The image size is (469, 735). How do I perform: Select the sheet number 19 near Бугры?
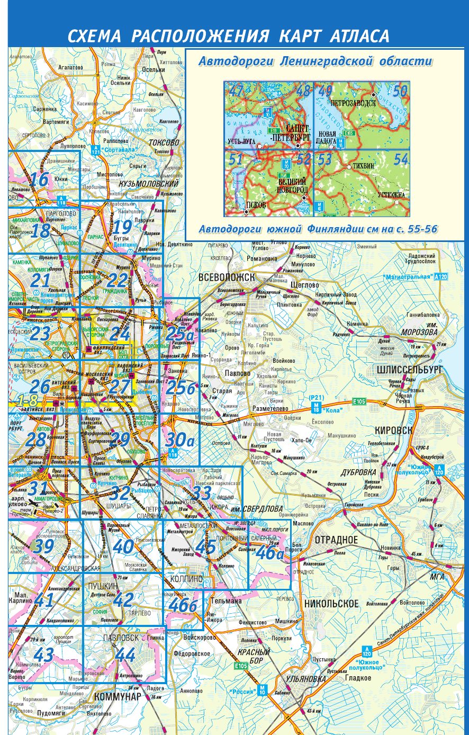coord(122,228)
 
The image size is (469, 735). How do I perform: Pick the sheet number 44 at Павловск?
coord(125,655)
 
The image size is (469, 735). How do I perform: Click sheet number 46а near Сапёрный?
coord(270,553)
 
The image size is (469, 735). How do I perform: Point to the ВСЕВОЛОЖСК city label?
coord(227,277)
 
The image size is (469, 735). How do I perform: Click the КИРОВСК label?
coord(393,431)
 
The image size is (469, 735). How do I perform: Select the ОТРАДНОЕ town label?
coord(336,540)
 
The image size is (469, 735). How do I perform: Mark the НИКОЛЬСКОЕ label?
coord(331,603)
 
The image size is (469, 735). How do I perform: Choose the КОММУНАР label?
coord(118,697)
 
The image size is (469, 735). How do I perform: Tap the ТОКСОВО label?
coord(164,142)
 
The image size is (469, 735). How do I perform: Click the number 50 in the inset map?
coord(400,91)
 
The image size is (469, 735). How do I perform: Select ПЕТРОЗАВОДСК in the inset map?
coord(353,103)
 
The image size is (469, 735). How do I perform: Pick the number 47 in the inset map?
coord(236,91)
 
